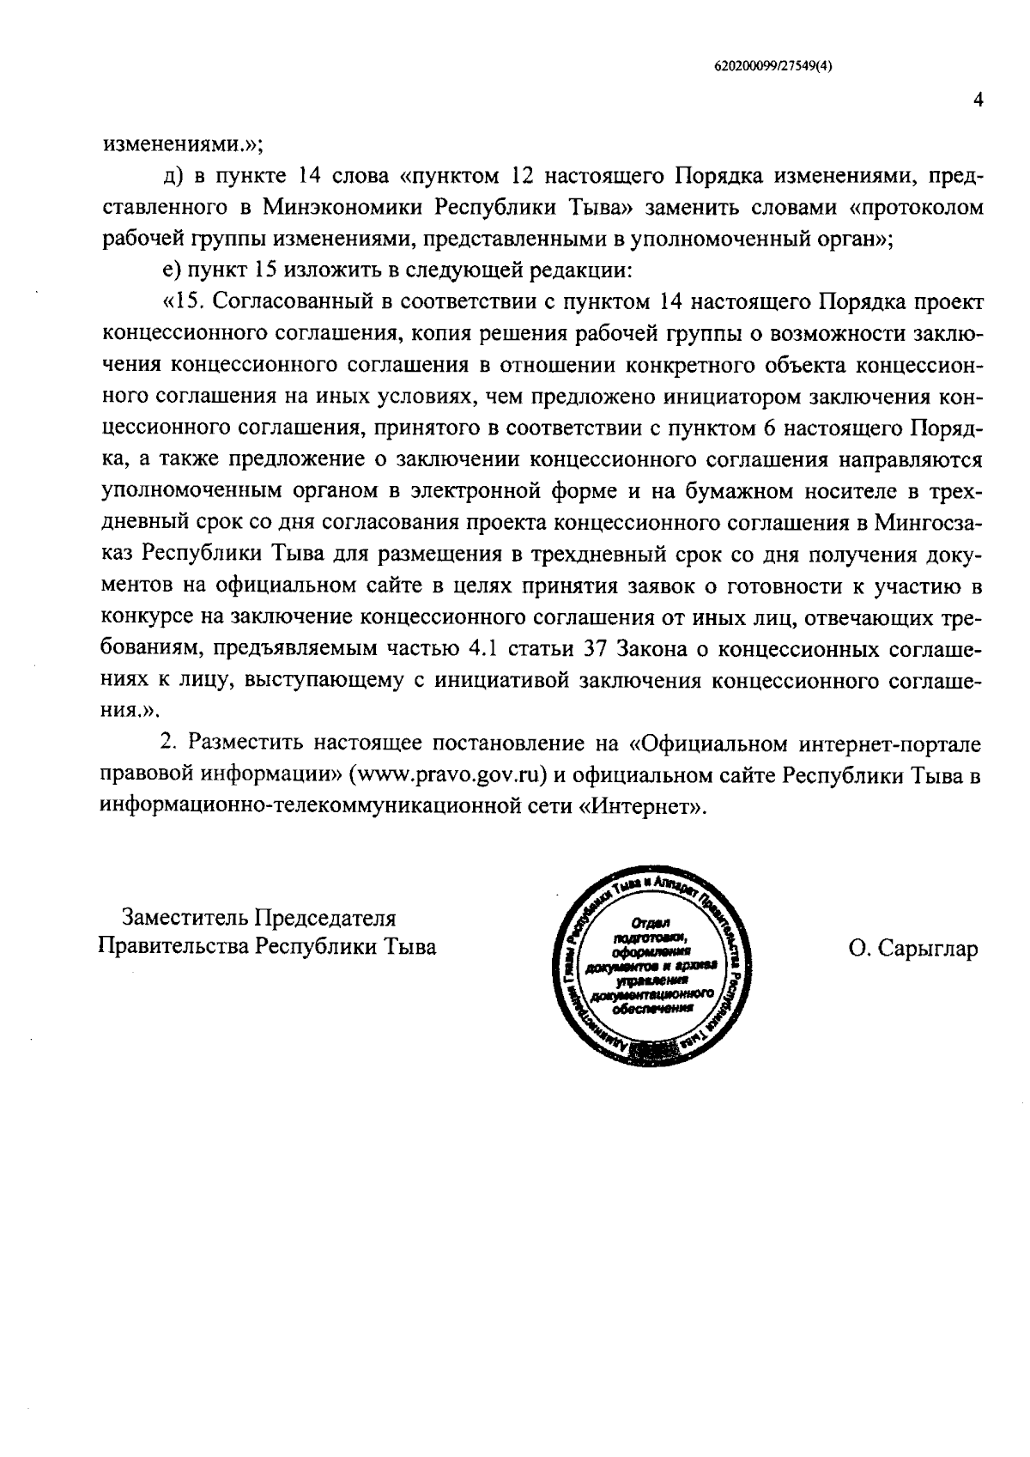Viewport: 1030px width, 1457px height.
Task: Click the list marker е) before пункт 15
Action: (x=170, y=271)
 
